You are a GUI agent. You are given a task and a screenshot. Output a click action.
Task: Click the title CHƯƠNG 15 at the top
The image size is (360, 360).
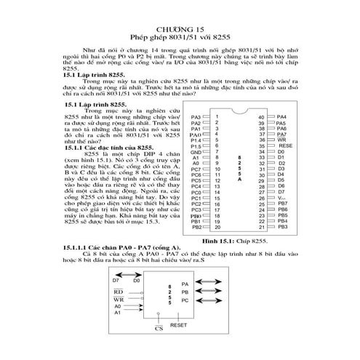[180, 28]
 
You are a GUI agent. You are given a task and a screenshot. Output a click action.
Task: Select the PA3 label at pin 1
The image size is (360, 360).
[195, 116]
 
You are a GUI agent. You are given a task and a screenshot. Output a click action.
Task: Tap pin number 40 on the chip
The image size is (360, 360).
[260, 116]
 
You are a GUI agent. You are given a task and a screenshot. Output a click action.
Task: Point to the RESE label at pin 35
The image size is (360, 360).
[284, 145]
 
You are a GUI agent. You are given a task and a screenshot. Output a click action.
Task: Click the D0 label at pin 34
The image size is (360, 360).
[281, 151]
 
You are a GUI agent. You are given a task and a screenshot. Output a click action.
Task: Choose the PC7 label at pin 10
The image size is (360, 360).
[195, 169]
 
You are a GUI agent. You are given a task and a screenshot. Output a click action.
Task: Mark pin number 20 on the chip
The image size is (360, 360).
[217, 228]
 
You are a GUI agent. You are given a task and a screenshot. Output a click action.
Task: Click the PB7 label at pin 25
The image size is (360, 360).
[282, 204]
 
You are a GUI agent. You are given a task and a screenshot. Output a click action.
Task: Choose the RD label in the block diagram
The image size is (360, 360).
[119, 290]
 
